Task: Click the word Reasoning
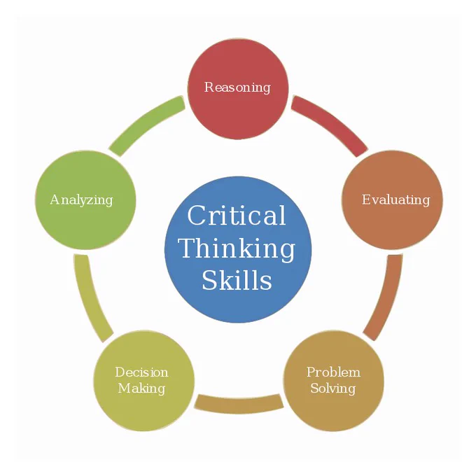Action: [237, 87]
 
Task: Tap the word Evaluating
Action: [396, 200]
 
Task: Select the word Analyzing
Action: [81, 200]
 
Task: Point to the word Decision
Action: [141, 372]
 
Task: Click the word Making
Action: [142, 388]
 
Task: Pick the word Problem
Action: [333, 372]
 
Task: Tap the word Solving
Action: [333, 388]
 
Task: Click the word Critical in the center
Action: [237, 215]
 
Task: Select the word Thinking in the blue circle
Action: [237, 249]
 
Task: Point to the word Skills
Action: [237, 280]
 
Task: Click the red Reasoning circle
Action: [238, 89]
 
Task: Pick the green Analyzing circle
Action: [85, 200]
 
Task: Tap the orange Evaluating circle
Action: [392, 200]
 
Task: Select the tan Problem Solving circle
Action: [333, 381]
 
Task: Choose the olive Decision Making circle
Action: [144, 381]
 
